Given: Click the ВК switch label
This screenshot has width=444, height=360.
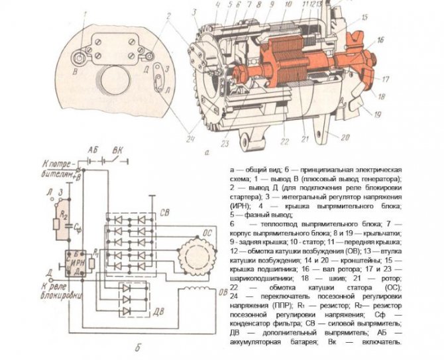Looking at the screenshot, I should click(119, 150).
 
